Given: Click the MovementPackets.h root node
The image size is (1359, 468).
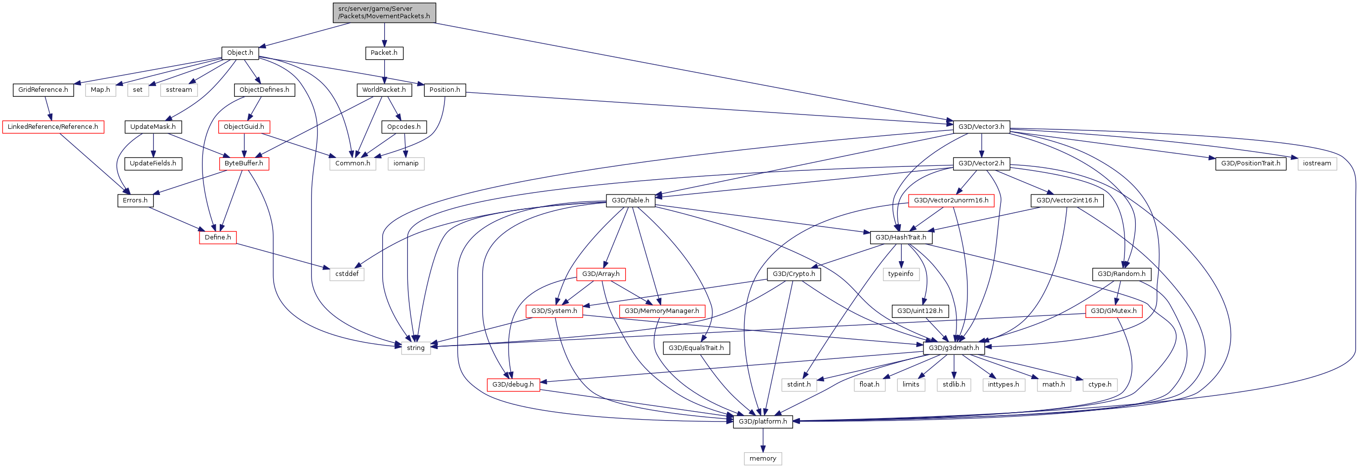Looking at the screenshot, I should coord(384,13).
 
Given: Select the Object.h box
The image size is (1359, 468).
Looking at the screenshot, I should coord(240,53).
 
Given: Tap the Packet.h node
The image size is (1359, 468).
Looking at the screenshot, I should coord(384,53).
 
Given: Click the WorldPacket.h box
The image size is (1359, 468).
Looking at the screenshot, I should coord(384,90).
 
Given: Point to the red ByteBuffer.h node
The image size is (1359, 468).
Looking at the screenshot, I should coord(244,163).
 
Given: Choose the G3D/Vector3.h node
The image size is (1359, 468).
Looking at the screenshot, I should coord(981,127).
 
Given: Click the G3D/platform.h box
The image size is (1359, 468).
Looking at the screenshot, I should coord(762,422).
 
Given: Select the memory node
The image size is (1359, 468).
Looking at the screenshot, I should coord(762,459).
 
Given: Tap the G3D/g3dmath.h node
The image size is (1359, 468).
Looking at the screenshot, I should coord(954,348).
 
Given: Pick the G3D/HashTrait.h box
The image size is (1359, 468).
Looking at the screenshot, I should coord(901,237).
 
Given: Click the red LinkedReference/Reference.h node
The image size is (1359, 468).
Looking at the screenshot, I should coord(53,127).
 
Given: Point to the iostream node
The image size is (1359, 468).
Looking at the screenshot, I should coord(1317,163).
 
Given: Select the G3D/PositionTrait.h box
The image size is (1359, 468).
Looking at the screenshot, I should coord(1250,163).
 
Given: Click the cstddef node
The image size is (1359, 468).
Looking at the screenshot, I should coord(347,274).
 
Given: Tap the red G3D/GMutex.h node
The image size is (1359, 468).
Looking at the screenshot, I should coord(1114,311).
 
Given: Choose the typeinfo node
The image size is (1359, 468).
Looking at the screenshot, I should coord(901,274).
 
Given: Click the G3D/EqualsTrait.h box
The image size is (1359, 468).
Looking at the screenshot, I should coord(696,348).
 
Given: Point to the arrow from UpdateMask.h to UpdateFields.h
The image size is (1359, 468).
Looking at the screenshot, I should coord(153,145).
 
